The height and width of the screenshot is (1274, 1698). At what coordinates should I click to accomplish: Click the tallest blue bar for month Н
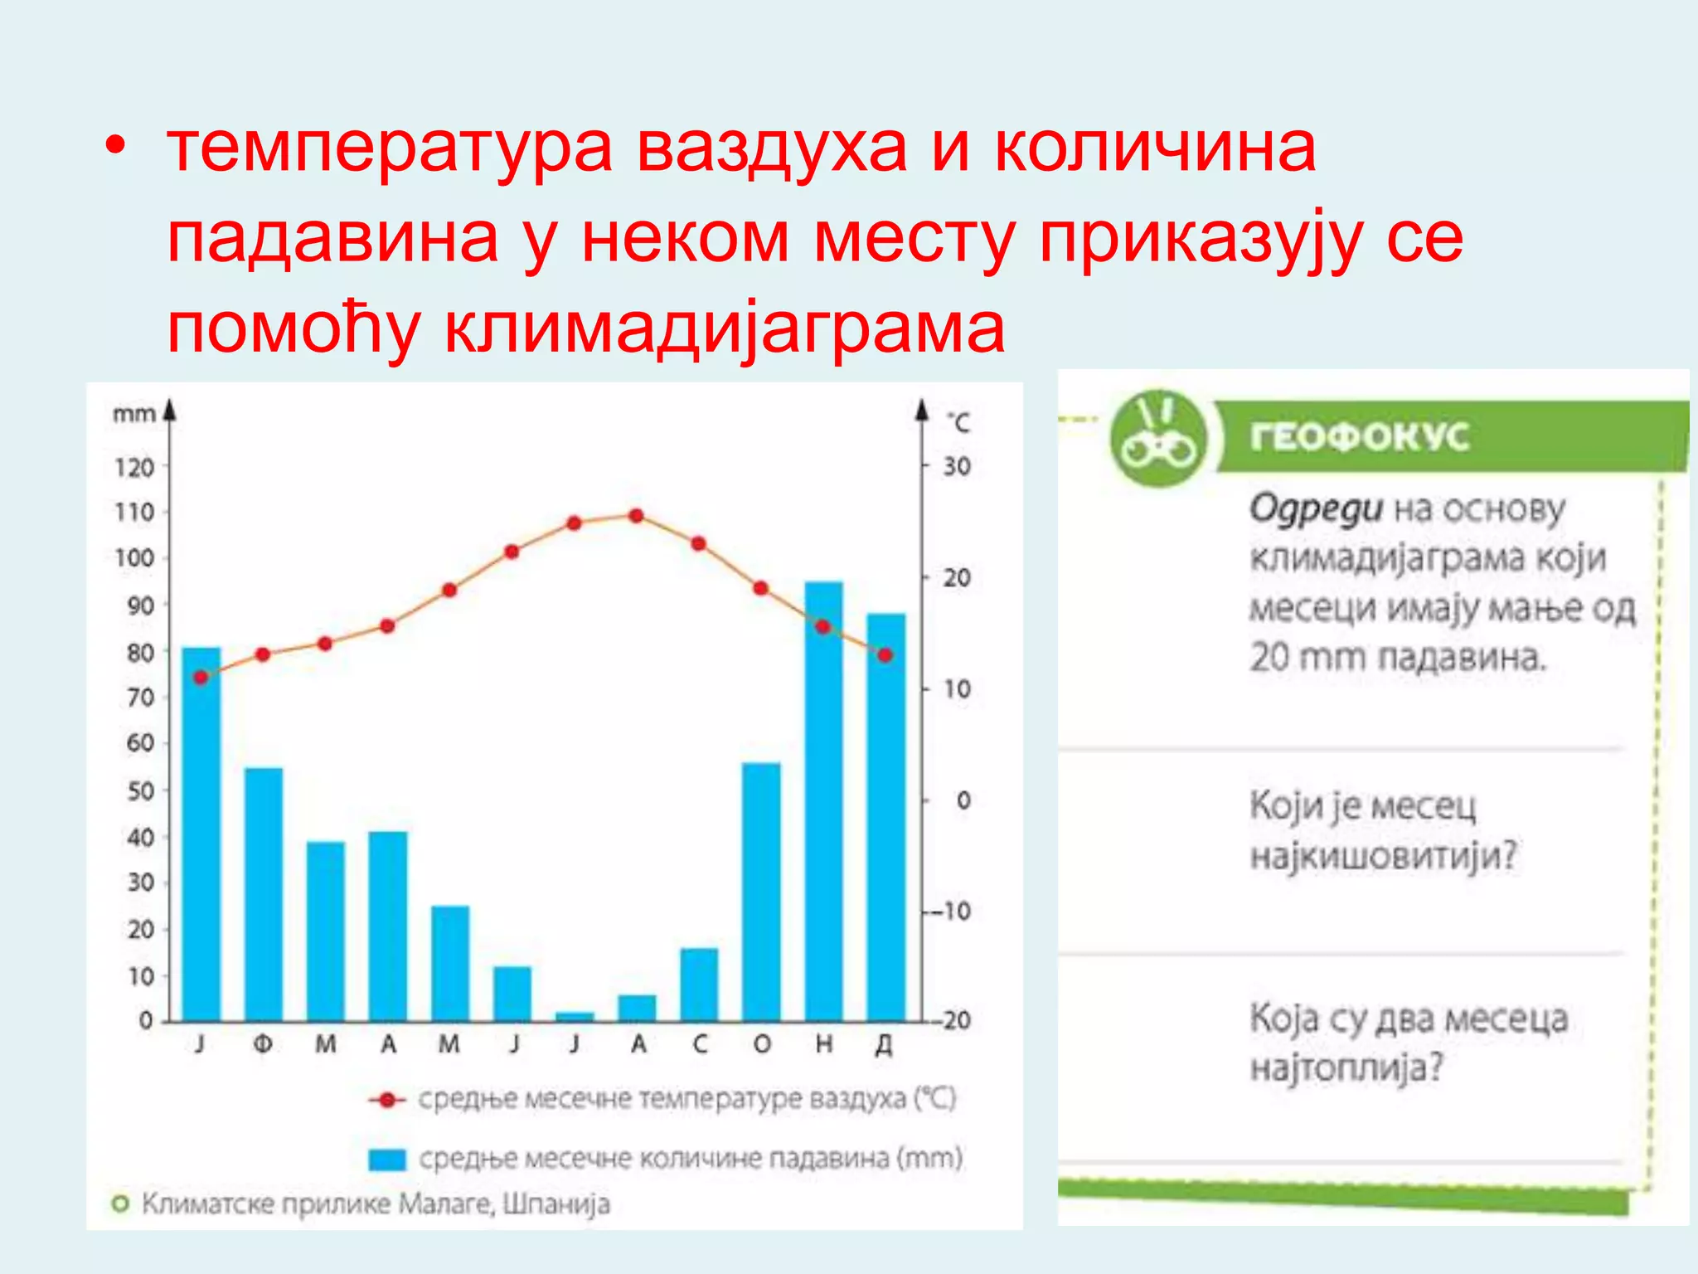coord(823,800)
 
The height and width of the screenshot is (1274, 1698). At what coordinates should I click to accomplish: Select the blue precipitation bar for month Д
coord(885,817)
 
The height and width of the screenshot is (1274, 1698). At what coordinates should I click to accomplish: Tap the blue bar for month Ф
coord(264,894)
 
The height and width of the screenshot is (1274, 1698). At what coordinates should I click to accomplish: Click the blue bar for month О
coord(761,892)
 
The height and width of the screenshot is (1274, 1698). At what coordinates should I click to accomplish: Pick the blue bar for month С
coord(699,984)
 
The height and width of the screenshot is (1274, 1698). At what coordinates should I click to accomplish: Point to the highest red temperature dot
coord(636,516)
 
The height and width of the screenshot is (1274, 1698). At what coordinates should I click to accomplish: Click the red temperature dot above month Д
coord(885,655)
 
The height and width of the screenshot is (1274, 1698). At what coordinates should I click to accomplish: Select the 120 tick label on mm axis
coord(134,468)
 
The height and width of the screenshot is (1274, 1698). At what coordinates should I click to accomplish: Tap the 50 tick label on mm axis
coord(140,790)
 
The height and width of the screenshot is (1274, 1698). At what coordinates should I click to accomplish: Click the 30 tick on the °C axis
coord(956,466)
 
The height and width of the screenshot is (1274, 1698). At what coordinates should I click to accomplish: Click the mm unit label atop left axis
coord(134,414)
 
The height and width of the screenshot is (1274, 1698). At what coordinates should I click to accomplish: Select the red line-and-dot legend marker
coord(386,1101)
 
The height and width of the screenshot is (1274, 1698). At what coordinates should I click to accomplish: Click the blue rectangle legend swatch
coord(387,1160)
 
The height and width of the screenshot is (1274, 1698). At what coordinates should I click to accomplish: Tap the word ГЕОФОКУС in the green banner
coord(1360,436)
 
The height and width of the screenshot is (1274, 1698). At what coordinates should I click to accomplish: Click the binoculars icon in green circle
coord(1158,439)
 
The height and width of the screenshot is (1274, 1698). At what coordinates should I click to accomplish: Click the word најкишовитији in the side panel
coord(1383,855)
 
